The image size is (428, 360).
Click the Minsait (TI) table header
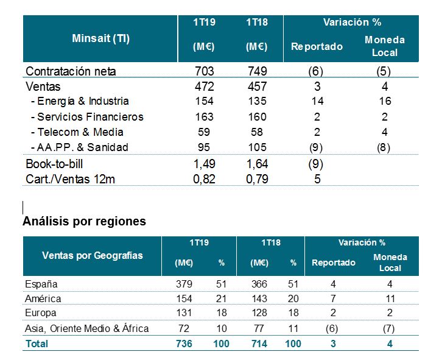100,38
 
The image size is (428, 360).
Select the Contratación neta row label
71,71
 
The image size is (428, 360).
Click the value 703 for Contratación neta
205,71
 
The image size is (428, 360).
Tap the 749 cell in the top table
257,71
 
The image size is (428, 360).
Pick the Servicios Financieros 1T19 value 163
205,116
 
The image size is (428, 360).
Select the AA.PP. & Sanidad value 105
257,147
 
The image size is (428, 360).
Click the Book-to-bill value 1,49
205,164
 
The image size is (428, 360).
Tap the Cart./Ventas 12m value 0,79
257,179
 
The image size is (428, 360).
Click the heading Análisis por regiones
84,221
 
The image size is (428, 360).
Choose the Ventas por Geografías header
93,255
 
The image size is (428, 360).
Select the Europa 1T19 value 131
183,313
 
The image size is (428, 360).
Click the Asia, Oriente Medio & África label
87,328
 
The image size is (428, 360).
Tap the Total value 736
183,344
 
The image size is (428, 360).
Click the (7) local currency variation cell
390,328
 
